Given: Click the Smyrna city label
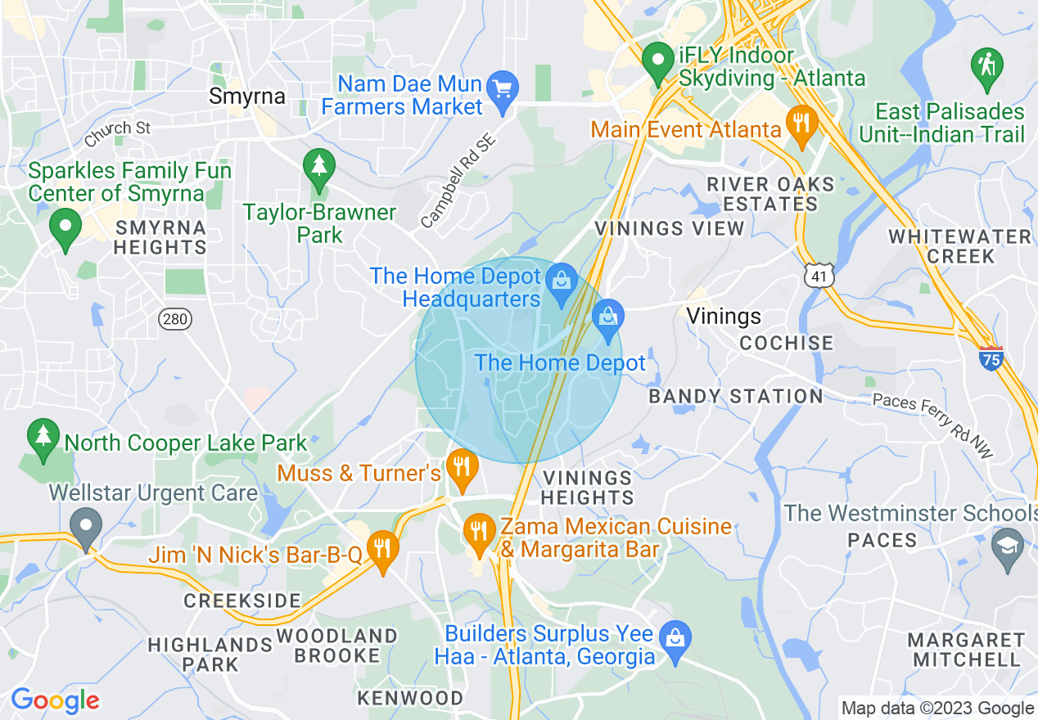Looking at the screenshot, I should pyautogui.click(x=247, y=97).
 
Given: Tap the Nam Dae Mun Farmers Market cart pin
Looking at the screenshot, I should pyautogui.click(x=501, y=86).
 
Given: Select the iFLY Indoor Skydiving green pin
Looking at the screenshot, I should pyautogui.click(x=657, y=61).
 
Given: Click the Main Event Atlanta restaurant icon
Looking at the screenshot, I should pyautogui.click(x=797, y=123).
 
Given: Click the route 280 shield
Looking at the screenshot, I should pyautogui.click(x=175, y=318).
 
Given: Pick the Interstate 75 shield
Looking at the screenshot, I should pyautogui.click(x=991, y=358).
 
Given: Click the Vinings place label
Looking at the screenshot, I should pyautogui.click(x=724, y=316).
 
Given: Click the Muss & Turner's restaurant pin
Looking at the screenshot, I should pyautogui.click(x=463, y=467).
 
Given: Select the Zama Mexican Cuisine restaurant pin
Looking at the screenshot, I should pyautogui.click(x=478, y=531).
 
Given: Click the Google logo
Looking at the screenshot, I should pyautogui.click(x=55, y=700).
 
